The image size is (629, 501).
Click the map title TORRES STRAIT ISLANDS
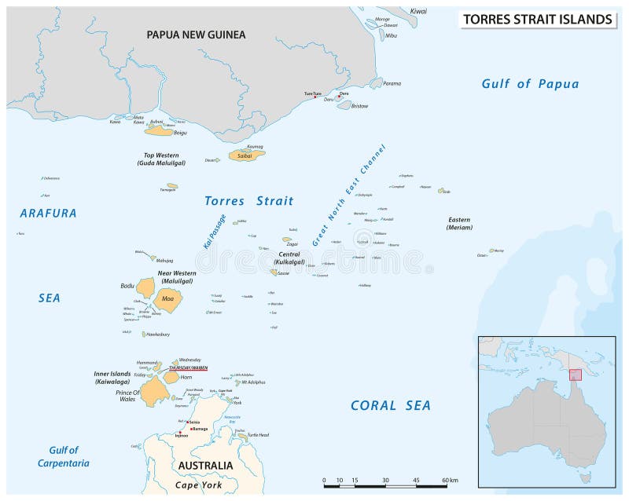click(537, 19)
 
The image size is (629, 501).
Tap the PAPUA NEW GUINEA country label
click(197, 35)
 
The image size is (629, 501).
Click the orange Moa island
click(167, 298)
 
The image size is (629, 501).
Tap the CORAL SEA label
click(391, 405)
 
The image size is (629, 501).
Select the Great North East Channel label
click(349, 196)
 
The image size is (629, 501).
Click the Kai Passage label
click(215, 232)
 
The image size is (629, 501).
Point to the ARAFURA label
click(48, 213)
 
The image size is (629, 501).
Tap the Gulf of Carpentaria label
click(63, 456)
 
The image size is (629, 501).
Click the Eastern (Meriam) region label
click(458, 223)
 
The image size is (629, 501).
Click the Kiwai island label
click(419, 12)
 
